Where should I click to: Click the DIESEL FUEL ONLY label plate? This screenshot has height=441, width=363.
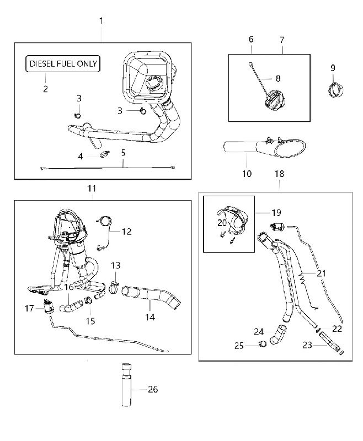pyautogui.click(x=63, y=64)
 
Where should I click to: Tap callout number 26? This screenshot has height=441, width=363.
pyautogui.click(x=153, y=390)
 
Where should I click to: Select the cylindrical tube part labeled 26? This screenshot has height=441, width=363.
pyautogui.click(x=127, y=385)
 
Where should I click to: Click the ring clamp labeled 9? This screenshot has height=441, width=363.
pyautogui.click(x=336, y=90)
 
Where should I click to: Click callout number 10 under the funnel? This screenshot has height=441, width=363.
pyautogui.click(x=247, y=174)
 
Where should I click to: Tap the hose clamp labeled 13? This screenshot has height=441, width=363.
pyautogui.click(x=114, y=287)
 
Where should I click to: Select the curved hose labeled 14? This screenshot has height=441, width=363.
pyautogui.click(x=151, y=297)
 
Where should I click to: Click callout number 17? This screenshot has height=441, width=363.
pyautogui.click(x=29, y=308)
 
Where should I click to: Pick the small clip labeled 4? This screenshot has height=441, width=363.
pyautogui.click(x=105, y=154)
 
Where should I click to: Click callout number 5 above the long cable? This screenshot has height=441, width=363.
pyautogui.click(x=123, y=153)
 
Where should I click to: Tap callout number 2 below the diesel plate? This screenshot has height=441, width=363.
pyautogui.click(x=46, y=89)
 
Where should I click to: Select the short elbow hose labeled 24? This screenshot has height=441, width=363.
pyautogui.click(x=277, y=334)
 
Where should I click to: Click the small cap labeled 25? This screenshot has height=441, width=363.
pyautogui.click(x=263, y=343)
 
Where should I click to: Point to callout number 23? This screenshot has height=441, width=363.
pyautogui.click(x=307, y=345)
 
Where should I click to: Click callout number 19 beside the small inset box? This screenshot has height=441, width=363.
pyautogui.click(x=276, y=213)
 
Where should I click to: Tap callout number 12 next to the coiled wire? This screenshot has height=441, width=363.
pyautogui.click(x=127, y=232)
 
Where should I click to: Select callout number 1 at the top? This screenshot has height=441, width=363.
pyautogui.click(x=101, y=20)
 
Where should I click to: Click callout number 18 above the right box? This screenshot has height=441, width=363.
pyautogui.click(x=279, y=174)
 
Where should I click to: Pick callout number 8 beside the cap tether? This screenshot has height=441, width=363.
pyautogui.click(x=278, y=78)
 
